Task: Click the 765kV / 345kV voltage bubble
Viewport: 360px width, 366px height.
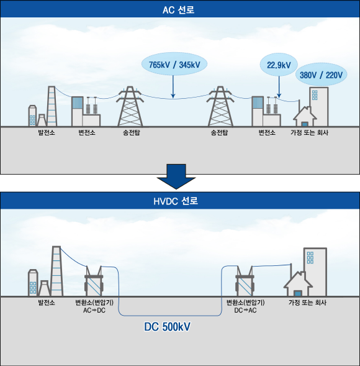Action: [x=174, y=64]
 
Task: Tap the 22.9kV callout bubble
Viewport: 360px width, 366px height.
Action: [x=279, y=65]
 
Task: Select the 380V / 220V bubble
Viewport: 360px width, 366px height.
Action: [x=321, y=75]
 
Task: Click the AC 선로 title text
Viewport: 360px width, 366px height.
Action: [x=178, y=10]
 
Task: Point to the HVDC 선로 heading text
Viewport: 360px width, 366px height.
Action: [x=176, y=201]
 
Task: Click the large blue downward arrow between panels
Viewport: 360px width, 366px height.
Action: [x=176, y=176]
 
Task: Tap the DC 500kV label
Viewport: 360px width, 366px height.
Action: [x=167, y=327]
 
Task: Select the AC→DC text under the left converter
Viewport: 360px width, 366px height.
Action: [x=94, y=310]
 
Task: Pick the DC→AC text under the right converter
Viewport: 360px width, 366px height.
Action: [x=245, y=310]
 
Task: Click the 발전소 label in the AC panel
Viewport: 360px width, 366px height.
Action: [x=47, y=132]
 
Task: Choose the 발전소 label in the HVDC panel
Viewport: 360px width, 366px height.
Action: [x=47, y=303]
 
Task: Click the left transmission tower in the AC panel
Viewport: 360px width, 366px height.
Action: [x=130, y=106]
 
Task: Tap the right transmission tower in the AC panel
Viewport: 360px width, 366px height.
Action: [x=220, y=106]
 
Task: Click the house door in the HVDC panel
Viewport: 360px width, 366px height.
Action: [x=297, y=293]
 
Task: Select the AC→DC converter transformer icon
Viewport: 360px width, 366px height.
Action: [x=94, y=281]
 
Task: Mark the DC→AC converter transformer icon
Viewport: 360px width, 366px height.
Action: [x=245, y=281]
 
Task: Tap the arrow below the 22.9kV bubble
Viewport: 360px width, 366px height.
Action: [x=279, y=87]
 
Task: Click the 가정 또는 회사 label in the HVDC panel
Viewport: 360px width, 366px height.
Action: [x=307, y=303]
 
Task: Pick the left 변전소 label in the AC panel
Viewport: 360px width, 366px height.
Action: [x=87, y=132]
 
